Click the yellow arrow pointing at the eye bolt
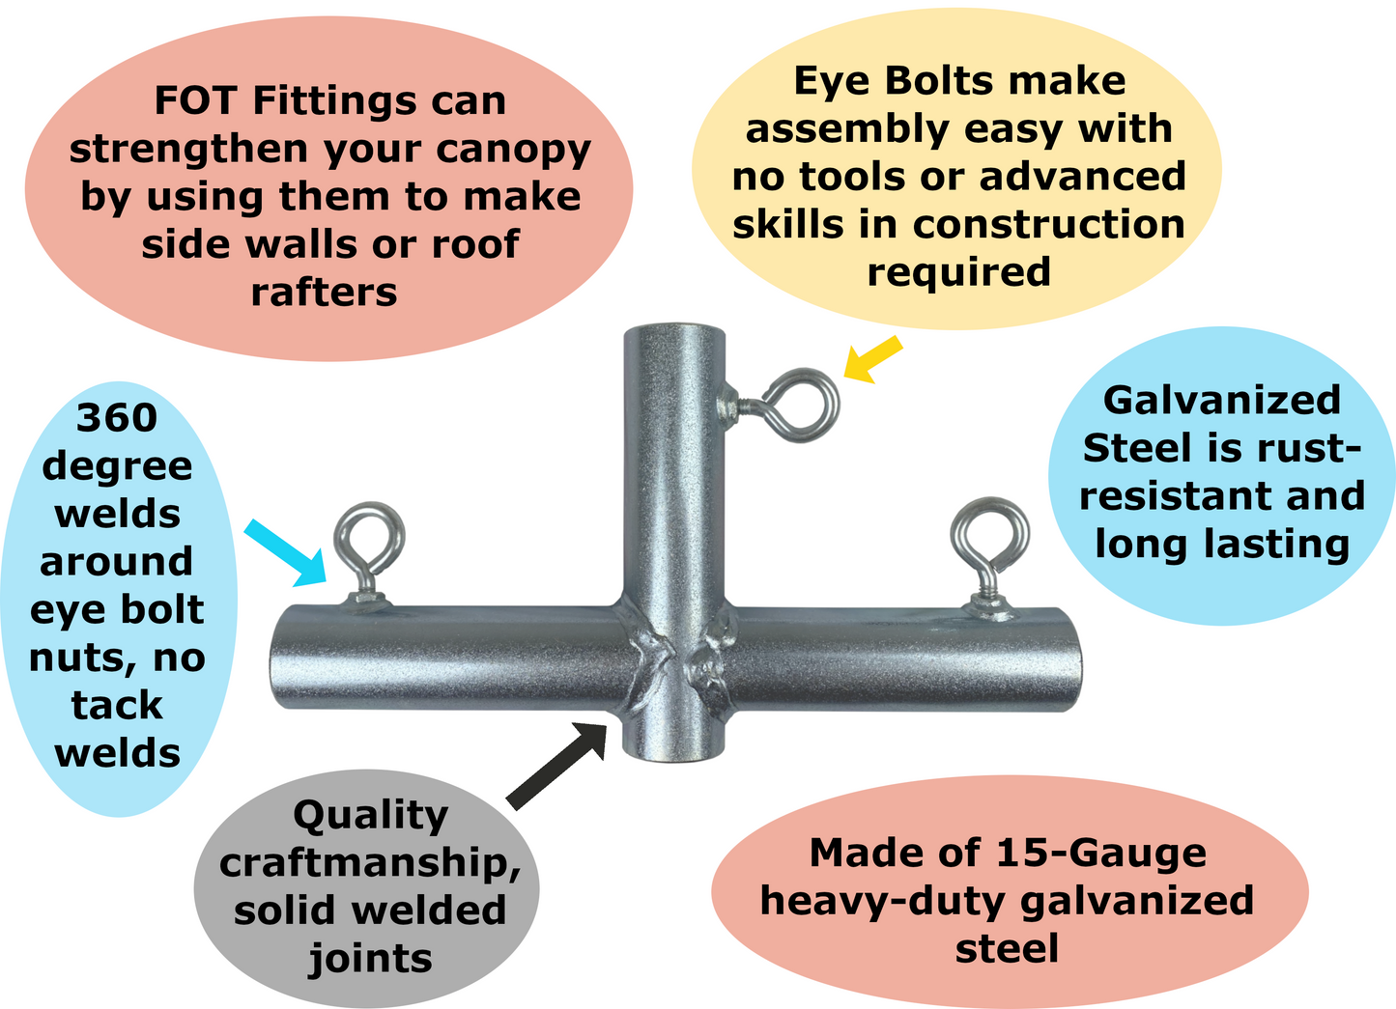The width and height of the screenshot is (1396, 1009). [x=872, y=359]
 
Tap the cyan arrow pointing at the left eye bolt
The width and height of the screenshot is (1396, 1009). [x=287, y=551]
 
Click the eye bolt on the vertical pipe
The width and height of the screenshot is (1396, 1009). [x=797, y=406]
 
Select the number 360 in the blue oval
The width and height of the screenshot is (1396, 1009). [x=116, y=418]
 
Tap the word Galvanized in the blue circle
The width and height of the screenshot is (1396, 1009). [x=1221, y=401]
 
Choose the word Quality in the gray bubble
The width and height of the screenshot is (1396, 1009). [x=370, y=817]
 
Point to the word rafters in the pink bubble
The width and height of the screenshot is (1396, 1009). [x=324, y=292]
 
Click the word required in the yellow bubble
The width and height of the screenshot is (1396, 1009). [x=957, y=272]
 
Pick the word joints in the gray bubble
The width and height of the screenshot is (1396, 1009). [x=369, y=959]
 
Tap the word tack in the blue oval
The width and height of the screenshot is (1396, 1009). [x=116, y=706]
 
